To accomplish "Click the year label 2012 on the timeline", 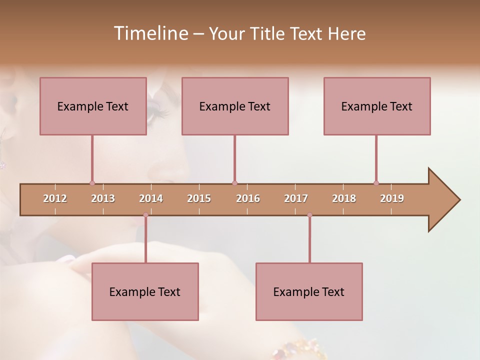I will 55,198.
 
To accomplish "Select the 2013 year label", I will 103,198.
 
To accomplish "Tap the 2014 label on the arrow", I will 151,198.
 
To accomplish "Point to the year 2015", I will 199,198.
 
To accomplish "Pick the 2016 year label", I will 248,198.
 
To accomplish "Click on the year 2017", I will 296,198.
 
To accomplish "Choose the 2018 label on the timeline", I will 344,198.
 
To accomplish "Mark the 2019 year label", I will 392,198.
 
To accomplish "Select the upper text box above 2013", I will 93,106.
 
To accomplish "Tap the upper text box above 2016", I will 235,106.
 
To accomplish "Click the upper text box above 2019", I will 377,106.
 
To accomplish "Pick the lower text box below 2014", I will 145,291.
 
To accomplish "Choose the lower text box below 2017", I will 309,291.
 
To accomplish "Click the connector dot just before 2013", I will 92,183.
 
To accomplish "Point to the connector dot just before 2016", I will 234,183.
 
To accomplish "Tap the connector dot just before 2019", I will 376,183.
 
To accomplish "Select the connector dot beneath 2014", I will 145,215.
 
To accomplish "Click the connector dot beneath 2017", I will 309,215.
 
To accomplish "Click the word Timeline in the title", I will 150,33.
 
